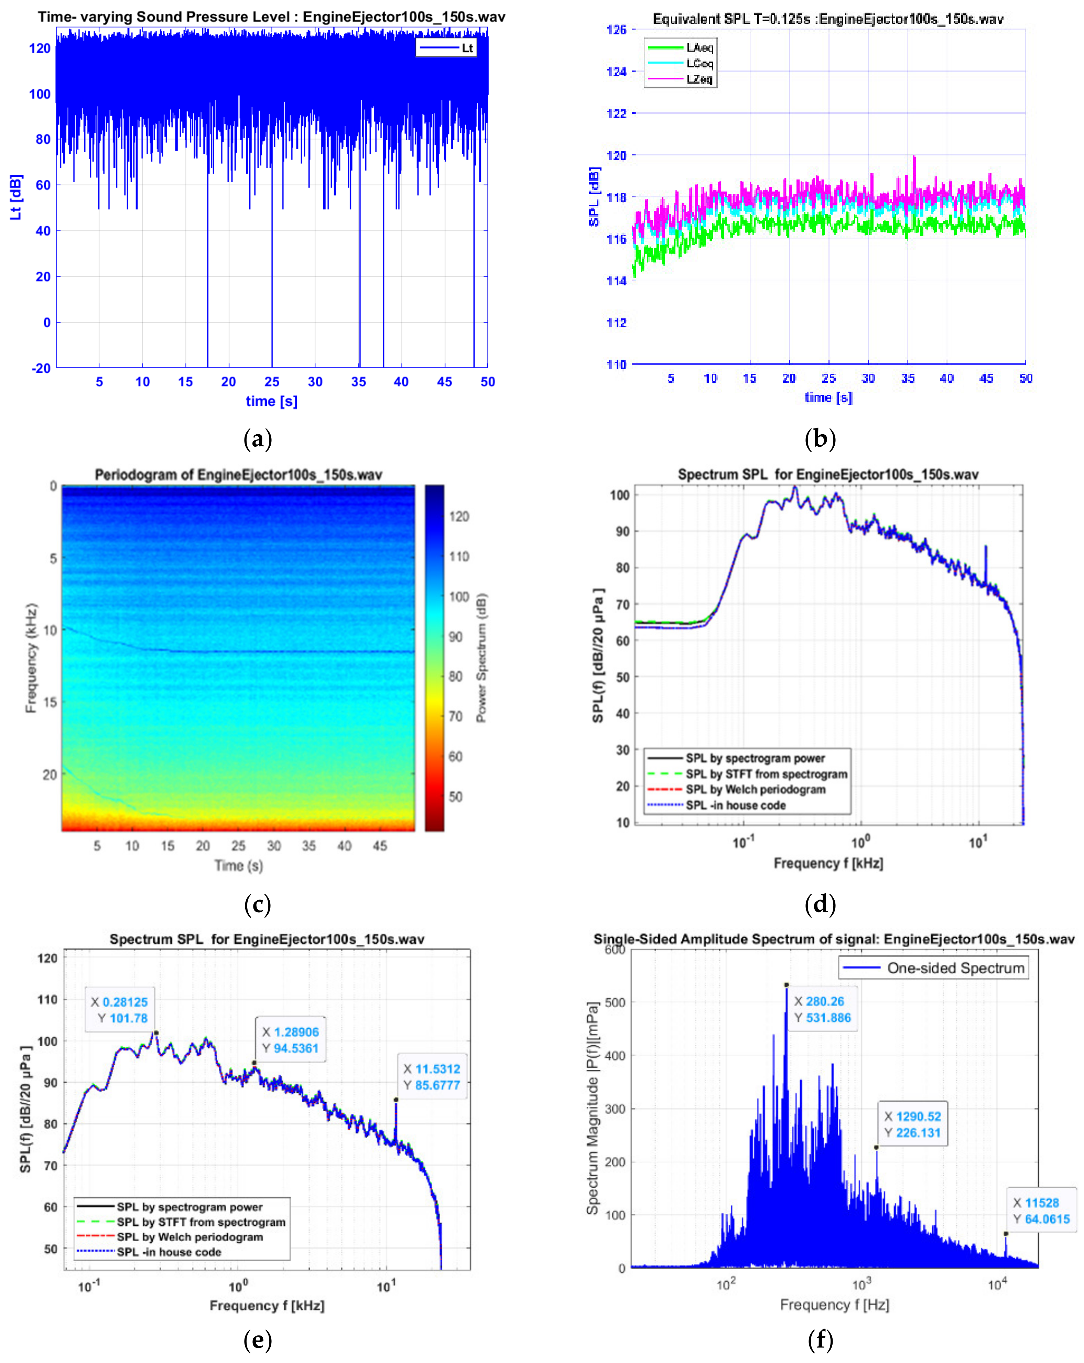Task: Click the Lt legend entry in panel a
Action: pos(446,48)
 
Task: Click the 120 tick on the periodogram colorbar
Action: pos(459,516)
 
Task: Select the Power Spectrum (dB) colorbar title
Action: pos(481,657)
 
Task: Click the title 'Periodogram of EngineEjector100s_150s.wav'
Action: pos(238,474)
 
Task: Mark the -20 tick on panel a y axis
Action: pos(41,368)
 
